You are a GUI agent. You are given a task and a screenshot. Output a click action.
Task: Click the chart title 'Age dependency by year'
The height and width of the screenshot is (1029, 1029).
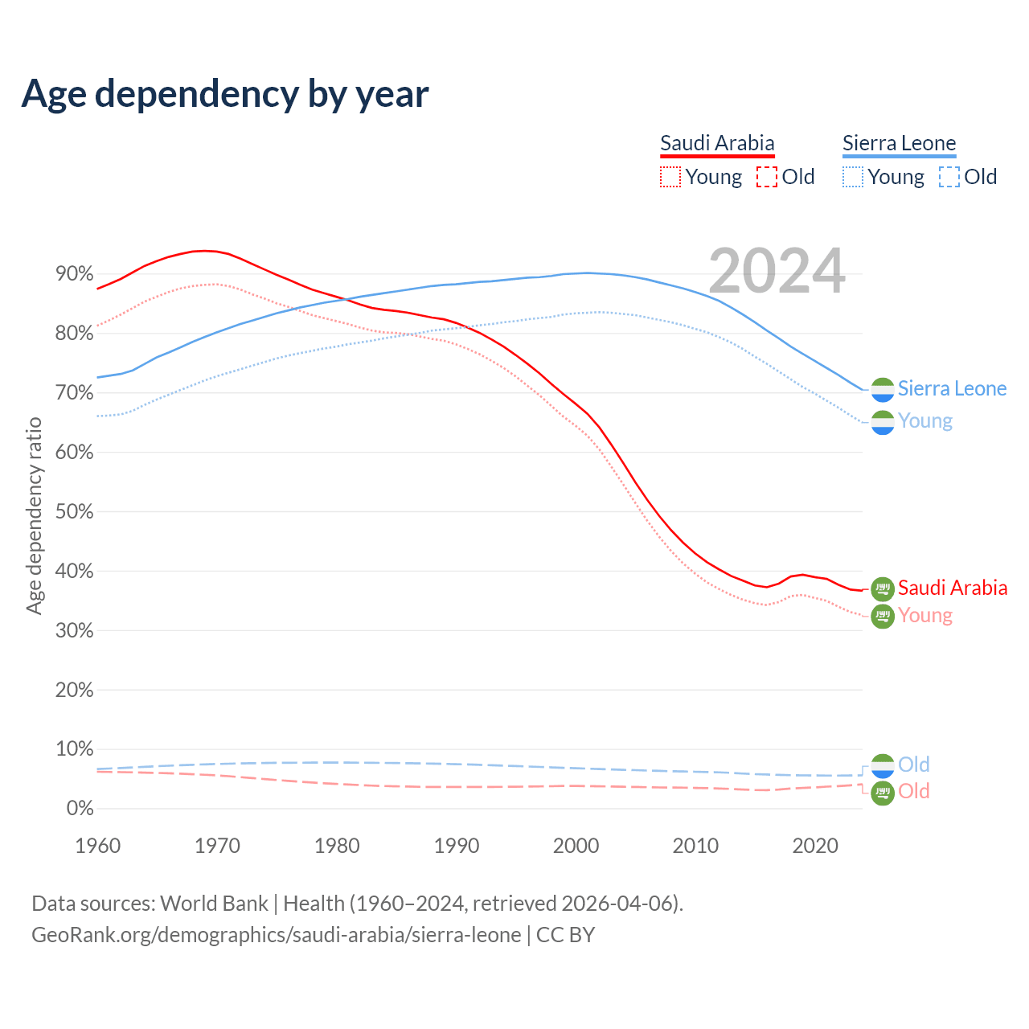pyautogui.click(x=225, y=94)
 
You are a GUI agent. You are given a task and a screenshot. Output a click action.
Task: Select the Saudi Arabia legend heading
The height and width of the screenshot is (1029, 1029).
pyautogui.click(x=717, y=144)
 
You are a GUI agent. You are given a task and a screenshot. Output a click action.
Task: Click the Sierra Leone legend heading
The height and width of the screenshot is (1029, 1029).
pyautogui.click(x=899, y=144)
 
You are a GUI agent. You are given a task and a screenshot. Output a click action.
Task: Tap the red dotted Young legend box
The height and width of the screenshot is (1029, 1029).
pyautogui.click(x=670, y=177)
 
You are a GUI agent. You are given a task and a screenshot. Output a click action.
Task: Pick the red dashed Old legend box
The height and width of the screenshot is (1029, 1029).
pyautogui.click(x=766, y=177)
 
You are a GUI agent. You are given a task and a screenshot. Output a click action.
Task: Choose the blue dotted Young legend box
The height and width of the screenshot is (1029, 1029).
pyautogui.click(x=852, y=177)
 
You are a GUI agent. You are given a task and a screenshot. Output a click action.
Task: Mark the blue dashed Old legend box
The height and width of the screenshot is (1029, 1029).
pyautogui.click(x=949, y=177)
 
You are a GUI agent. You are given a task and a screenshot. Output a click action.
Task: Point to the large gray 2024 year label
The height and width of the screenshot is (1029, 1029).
pyautogui.click(x=777, y=271)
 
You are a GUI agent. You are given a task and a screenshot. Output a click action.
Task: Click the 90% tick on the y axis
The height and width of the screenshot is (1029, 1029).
pyautogui.click(x=74, y=274)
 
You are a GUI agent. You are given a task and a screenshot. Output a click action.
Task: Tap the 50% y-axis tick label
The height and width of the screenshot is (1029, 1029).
pyautogui.click(x=74, y=512)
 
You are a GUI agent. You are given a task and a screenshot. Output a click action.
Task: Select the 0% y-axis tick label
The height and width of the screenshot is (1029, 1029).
pyautogui.click(x=80, y=809)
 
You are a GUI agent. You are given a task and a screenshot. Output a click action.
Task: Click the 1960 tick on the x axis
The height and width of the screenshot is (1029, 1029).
pyautogui.click(x=97, y=846)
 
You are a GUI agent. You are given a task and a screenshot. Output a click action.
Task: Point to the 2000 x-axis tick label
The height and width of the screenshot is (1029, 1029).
pyautogui.click(x=576, y=846)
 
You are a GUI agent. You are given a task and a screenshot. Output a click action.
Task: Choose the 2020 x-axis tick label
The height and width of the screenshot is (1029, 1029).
pyautogui.click(x=815, y=846)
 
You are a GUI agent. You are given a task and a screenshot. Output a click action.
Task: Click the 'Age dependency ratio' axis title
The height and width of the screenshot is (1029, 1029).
pyautogui.click(x=34, y=515)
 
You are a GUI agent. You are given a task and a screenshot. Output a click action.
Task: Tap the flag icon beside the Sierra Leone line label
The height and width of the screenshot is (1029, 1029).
pyautogui.click(x=883, y=389)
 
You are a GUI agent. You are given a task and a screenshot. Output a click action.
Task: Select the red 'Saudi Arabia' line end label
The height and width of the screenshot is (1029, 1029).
pyautogui.click(x=952, y=588)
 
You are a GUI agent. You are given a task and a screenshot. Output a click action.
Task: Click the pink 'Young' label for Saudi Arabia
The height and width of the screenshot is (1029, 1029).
pyautogui.click(x=924, y=616)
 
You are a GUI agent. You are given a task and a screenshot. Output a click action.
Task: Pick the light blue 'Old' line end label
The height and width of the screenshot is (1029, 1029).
pyautogui.click(x=913, y=765)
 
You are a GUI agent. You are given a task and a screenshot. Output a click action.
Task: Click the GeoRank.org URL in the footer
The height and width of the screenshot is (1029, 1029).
pyautogui.click(x=276, y=935)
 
